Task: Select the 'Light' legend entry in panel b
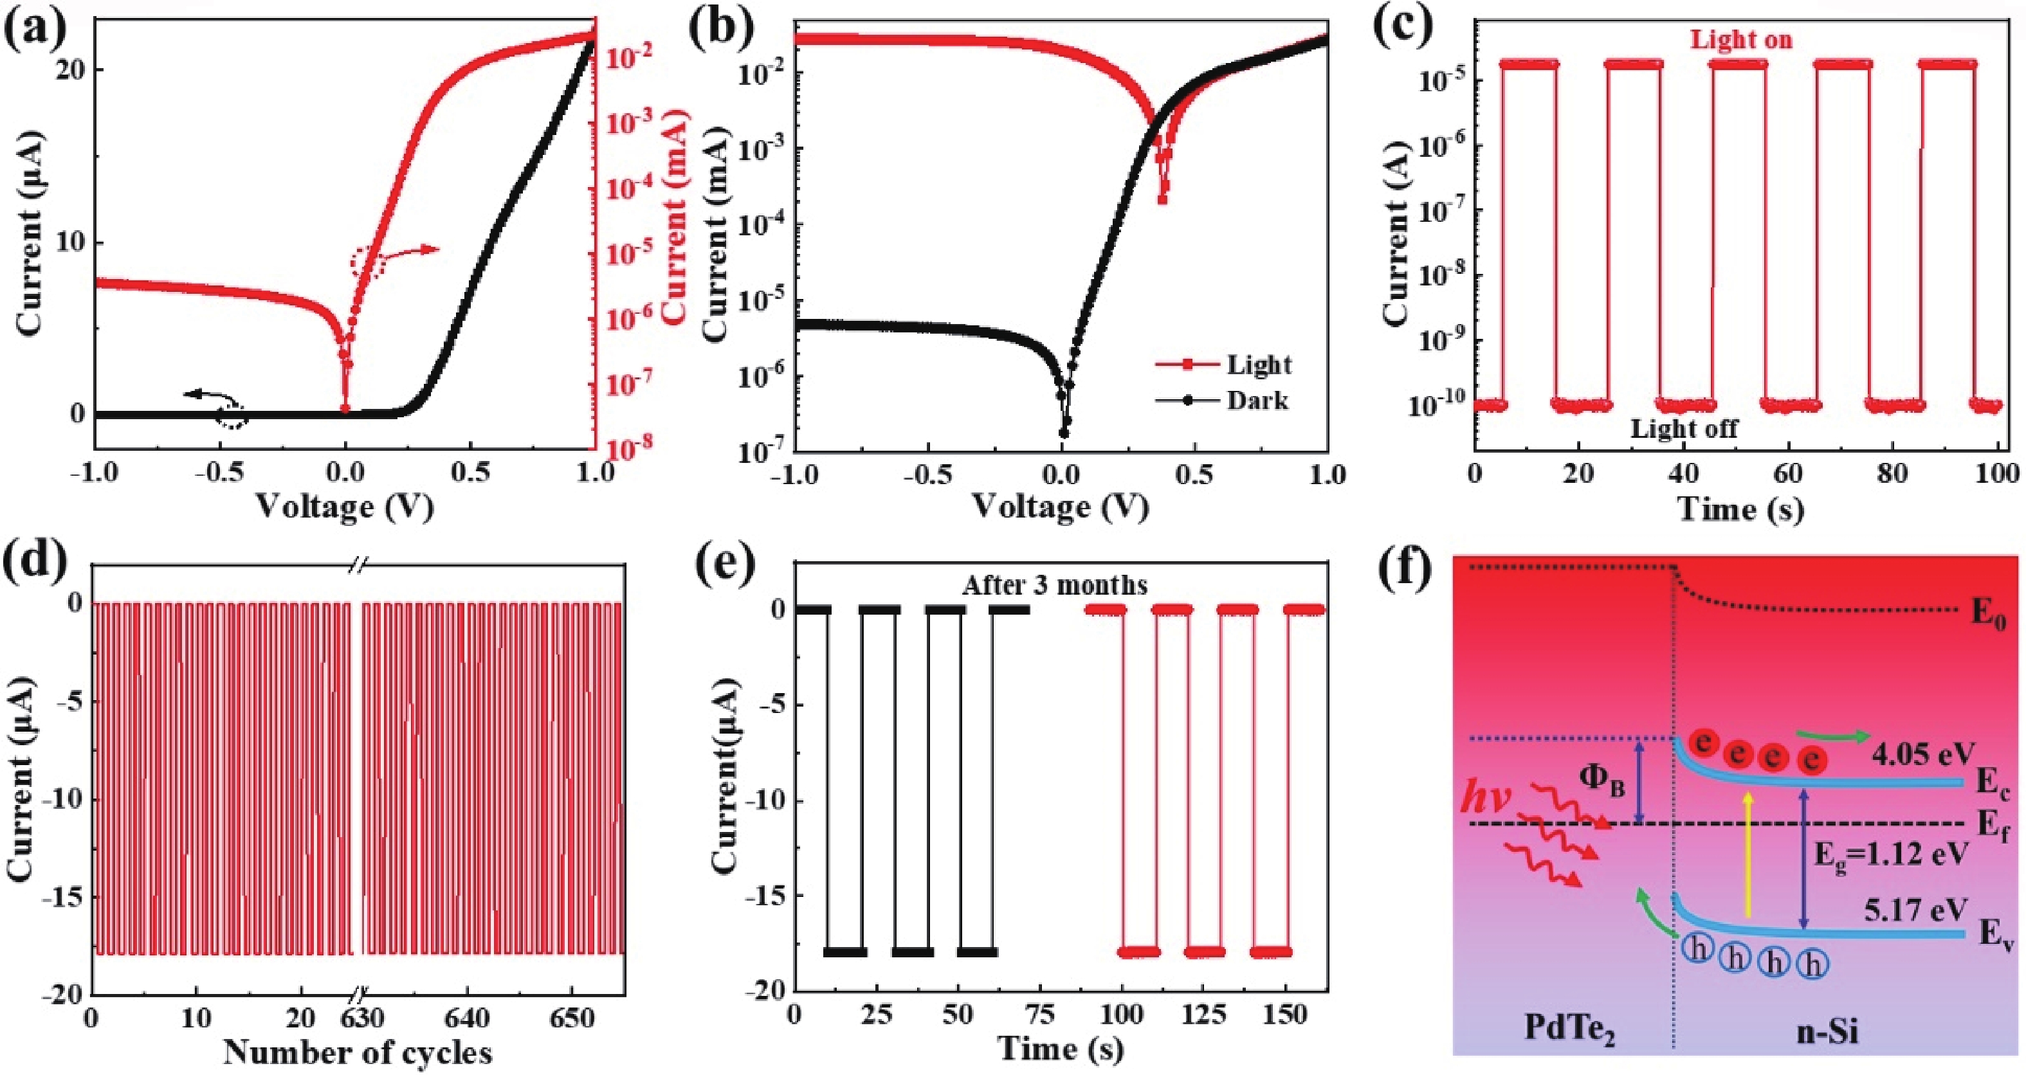[1259, 364]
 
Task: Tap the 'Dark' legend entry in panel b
[1257, 401]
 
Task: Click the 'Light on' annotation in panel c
[1741, 39]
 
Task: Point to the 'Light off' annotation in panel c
[1684, 429]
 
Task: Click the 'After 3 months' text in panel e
[1055, 585]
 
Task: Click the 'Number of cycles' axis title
[358, 1051]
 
